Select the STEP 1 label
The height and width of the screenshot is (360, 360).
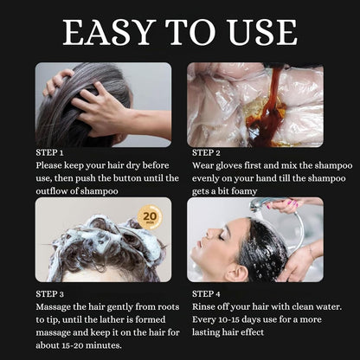[x=54, y=151]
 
